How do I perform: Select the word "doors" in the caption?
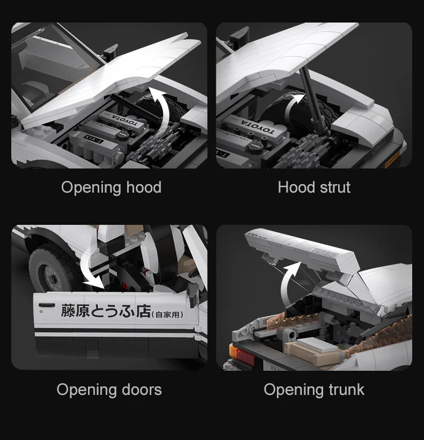point(138,390)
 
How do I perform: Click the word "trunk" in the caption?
point(343,390)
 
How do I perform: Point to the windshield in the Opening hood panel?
point(54,59)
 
